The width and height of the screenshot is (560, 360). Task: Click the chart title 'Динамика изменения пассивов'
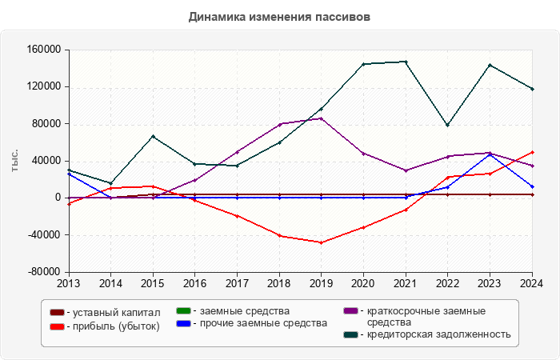pos(280,17)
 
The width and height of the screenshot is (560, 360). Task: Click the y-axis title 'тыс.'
pos(15,160)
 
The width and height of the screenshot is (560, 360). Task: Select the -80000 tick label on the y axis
pos(44,272)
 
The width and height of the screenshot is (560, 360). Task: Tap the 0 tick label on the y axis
pos(58,198)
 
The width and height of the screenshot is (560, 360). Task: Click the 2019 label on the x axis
pos(322,282)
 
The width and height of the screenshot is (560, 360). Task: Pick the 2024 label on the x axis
pos(532,282)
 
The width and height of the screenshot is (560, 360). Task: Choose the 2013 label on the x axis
pos(69,282)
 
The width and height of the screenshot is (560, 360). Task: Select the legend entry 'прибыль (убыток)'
pos(113,326)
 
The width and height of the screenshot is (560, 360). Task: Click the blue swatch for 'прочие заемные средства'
pos(182,323)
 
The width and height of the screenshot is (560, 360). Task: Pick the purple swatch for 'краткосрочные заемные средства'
pos(350,310)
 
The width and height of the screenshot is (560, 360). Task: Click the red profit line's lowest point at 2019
pos(322,242)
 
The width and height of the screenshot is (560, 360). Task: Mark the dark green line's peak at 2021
pos(406,62)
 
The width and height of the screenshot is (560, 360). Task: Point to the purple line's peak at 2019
pos(322,118)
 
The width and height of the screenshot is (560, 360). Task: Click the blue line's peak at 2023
pos(490,154)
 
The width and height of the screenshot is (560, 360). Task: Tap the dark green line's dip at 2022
pos(448,125)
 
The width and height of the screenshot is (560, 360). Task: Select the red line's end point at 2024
pos(532,152)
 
